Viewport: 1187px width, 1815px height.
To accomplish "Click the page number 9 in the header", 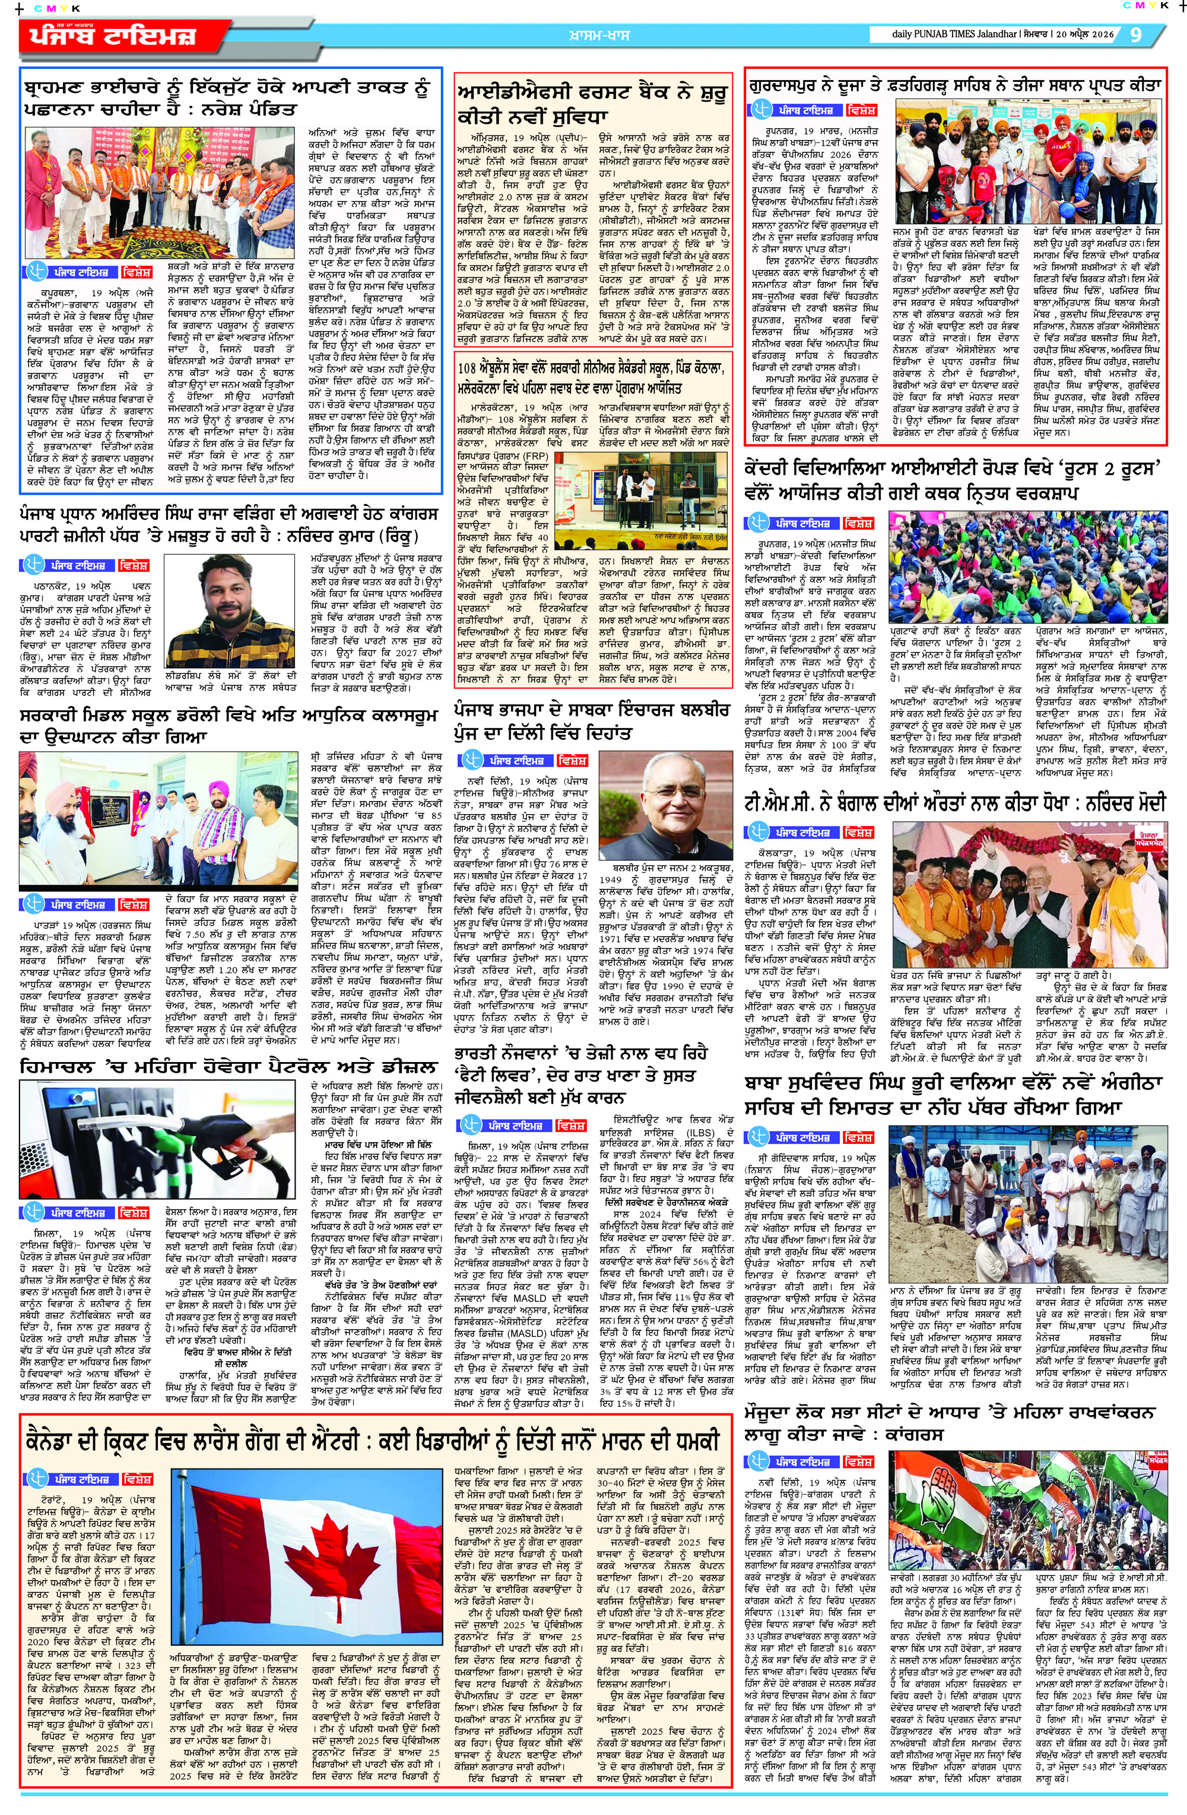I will coord(1135,34).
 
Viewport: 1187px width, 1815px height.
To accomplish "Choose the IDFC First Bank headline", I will coord(591,104).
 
